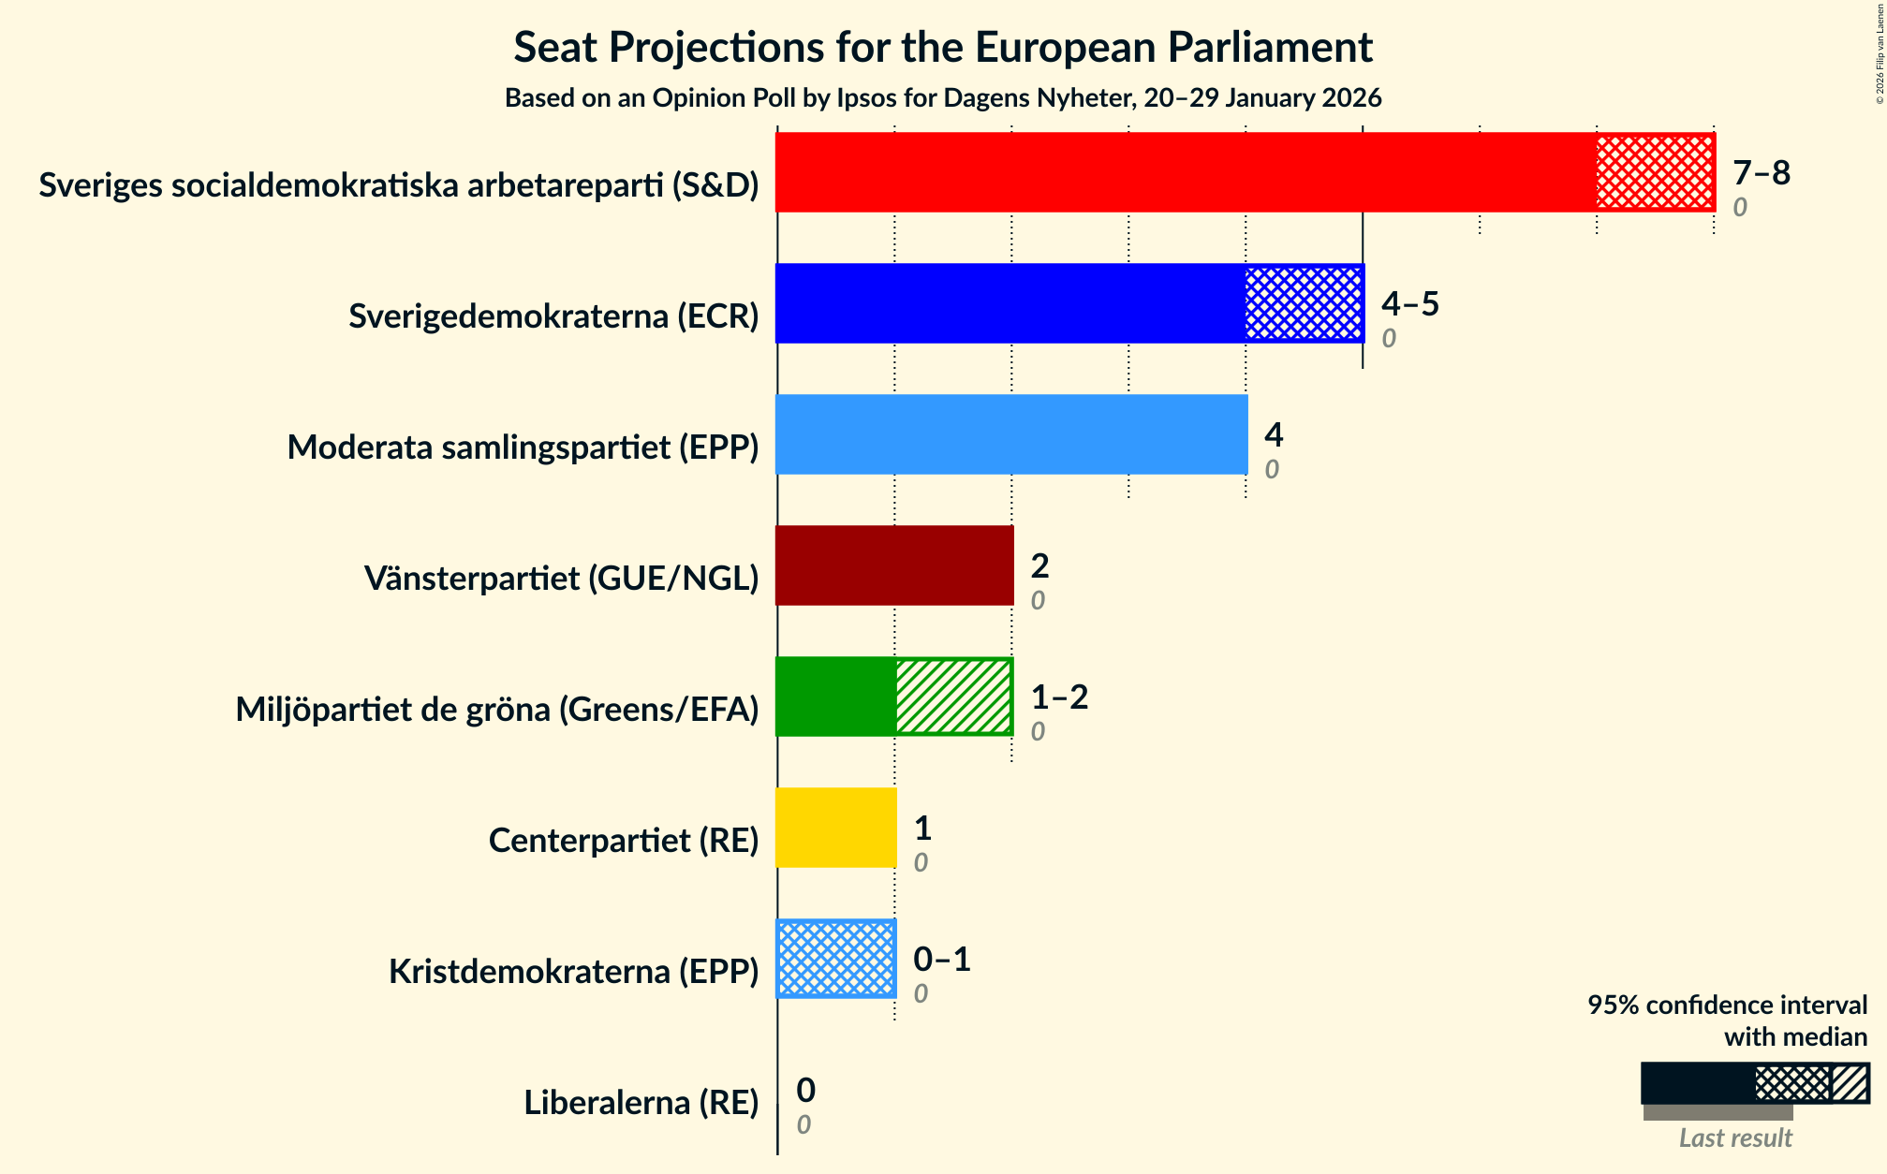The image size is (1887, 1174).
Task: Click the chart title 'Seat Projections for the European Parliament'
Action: pyautogui.click(x=943, y=48)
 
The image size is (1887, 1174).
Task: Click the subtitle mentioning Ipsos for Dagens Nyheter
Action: pyautogui.click(x=943, y=98)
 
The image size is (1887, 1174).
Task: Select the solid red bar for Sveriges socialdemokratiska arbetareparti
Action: pyautogui.click(x=1186, y=172)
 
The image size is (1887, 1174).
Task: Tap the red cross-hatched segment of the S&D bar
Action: pyautogui.click(x=1655, y=172)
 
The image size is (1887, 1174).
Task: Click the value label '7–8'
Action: pyautogui.click(x=1761, y=173)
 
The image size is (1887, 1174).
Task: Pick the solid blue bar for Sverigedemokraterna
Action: pyautogui.click(x=1010, y=303)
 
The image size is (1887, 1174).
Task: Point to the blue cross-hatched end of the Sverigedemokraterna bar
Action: pyautogui.click(x=1304, y=303)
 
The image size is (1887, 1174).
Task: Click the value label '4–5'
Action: pyautogui.click(x=1409, y=304)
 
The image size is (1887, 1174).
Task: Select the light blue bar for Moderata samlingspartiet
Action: pyautogui.click(x=1011, y=434)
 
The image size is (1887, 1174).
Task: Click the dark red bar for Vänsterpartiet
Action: pyautogui.click(x=894, y=565)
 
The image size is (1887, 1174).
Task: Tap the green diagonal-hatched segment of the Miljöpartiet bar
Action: pyautogui.click(x=953, y=697)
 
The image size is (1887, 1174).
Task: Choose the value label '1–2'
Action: pyautogui.click(x=1059, y=697)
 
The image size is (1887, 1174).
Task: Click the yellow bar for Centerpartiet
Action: pyautogui.click(x=836, y=828)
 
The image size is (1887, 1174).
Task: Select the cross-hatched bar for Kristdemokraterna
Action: pyautogui.click(x=836, y=959)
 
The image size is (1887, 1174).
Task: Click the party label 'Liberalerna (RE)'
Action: pyautogui.click(x=641, y=1103)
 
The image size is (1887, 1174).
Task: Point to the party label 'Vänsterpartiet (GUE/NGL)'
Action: pyautogui.click(x=561, y=579)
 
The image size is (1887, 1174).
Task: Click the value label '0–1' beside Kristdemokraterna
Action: pyautogui.click(x=941, y=960)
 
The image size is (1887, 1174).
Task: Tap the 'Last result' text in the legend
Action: pyautogui.click(x=1734, y=1137)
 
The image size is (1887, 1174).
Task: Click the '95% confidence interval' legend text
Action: pyautogui.click(x=1727, y=1005)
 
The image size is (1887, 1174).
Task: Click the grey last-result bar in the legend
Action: pyautogui.click(x=1717, y=1113)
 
